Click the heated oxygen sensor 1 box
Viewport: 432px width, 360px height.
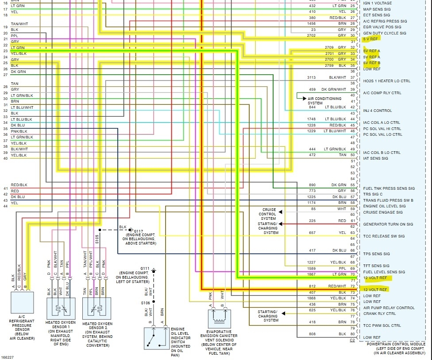click(x=61, y=309)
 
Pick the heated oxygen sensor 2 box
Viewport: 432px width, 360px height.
click(x=96, y=309)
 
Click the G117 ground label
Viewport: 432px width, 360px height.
click(x=138, y=231)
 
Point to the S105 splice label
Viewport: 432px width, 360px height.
click(x=97, y=239)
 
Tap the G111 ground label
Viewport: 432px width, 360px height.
click(x=145, y=268)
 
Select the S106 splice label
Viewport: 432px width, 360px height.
click(x=145, y=303)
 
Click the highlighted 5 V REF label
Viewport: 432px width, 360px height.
click(x=370, y=39)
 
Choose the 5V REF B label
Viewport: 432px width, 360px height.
click(x=371, y=63)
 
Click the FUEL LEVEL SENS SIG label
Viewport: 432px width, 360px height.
click(x=384, y=272)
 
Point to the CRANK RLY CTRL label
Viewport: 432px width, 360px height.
click(x=380, y=314)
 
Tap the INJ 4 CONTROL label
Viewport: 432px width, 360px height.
click(x=378, y=111)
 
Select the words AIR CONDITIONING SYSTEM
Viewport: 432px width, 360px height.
click(x=325, y=101)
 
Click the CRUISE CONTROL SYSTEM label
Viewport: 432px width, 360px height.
click(x=268, y=214)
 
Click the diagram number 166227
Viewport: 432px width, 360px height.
click(x=7, y=357)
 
